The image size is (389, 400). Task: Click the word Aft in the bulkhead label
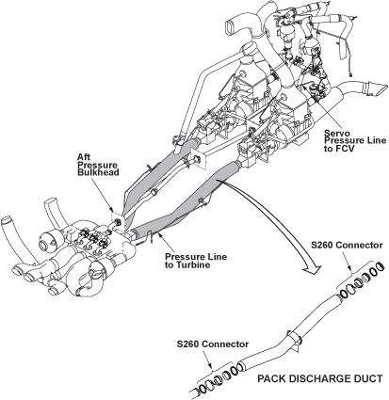point(83,156)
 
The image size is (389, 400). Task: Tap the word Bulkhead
point(98,172)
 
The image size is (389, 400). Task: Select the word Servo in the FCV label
point(334,133)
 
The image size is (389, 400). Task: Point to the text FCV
point(345,148)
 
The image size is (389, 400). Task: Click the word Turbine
point(187,264)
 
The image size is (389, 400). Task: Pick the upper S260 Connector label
point(347,245)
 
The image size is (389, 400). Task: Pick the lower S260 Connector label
point(213,344)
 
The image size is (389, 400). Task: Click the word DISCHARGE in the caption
point(325,378)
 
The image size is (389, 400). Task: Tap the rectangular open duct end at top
point(232,25)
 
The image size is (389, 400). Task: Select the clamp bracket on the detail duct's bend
point(295,340)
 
